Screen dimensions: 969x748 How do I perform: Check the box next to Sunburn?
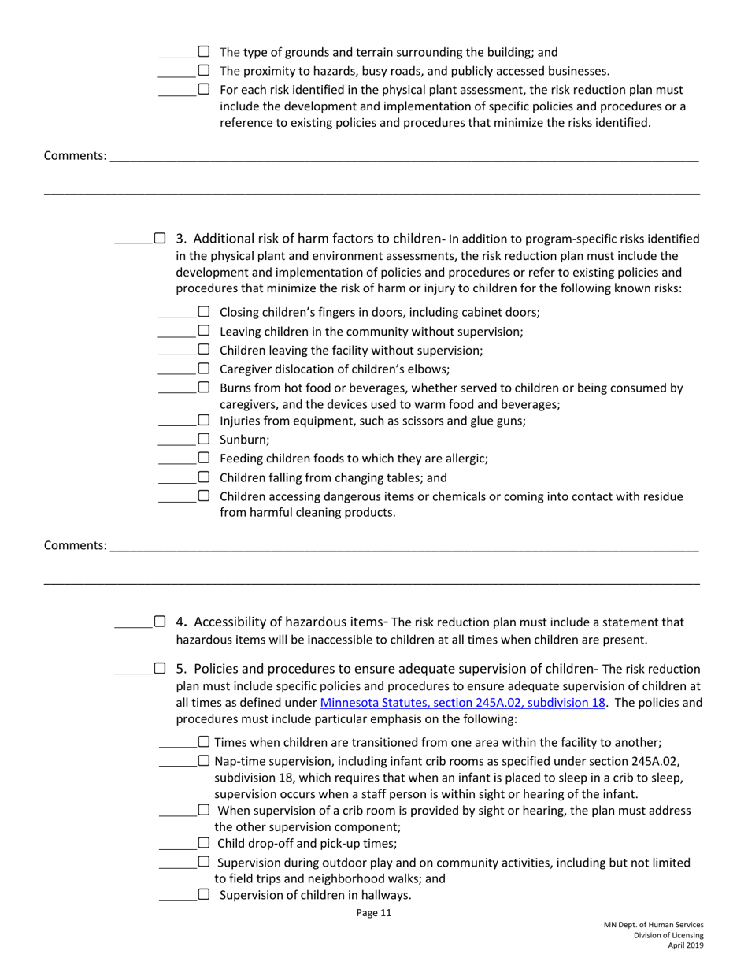[x=203, y=439]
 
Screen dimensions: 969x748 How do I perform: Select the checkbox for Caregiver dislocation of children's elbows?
[x=203, y=369]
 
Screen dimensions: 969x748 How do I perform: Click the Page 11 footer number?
[x=373, y=914]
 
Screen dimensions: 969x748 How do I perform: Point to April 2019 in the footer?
[x=686, y=945]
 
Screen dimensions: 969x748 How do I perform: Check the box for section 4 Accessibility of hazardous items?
[x=160, y=622]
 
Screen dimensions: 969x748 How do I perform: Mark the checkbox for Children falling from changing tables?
[x=203, y=477]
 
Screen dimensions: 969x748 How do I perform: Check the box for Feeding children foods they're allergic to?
[x=203, y=458]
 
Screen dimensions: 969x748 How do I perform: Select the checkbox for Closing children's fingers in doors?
[x=203, y=311]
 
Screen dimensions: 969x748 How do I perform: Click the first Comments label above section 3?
[x=75, y=156]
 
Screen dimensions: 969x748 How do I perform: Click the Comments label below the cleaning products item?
[x=75, y=545]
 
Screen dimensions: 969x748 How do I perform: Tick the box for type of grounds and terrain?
[x=203, y=53]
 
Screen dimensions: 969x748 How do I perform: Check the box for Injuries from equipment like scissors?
[x=203, y=420]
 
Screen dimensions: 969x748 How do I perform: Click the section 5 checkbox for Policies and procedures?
[x=160, y=669]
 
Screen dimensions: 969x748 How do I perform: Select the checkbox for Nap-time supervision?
[x=203, y=761]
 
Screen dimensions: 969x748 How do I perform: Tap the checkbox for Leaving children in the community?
[x=203, y=331]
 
